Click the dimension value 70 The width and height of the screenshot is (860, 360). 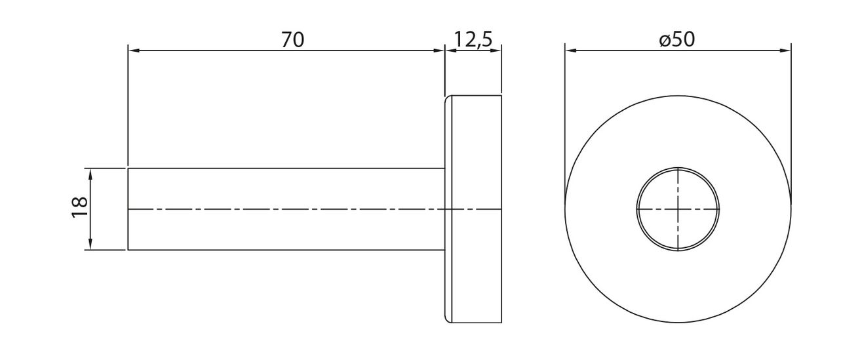pos(292,40)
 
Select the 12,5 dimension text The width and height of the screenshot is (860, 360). pos(473,39)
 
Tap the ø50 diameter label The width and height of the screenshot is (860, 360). pos(677,39)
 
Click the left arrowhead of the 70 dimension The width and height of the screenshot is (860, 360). pos(133,50)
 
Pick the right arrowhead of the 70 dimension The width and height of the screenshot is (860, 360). pos(439,50)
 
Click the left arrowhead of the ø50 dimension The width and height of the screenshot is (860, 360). pos(570,50)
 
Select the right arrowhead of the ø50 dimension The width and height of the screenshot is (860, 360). pos(785,50)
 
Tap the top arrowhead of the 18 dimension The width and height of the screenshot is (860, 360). pos(90,174)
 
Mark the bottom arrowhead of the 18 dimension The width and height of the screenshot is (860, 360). pos(90,245)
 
